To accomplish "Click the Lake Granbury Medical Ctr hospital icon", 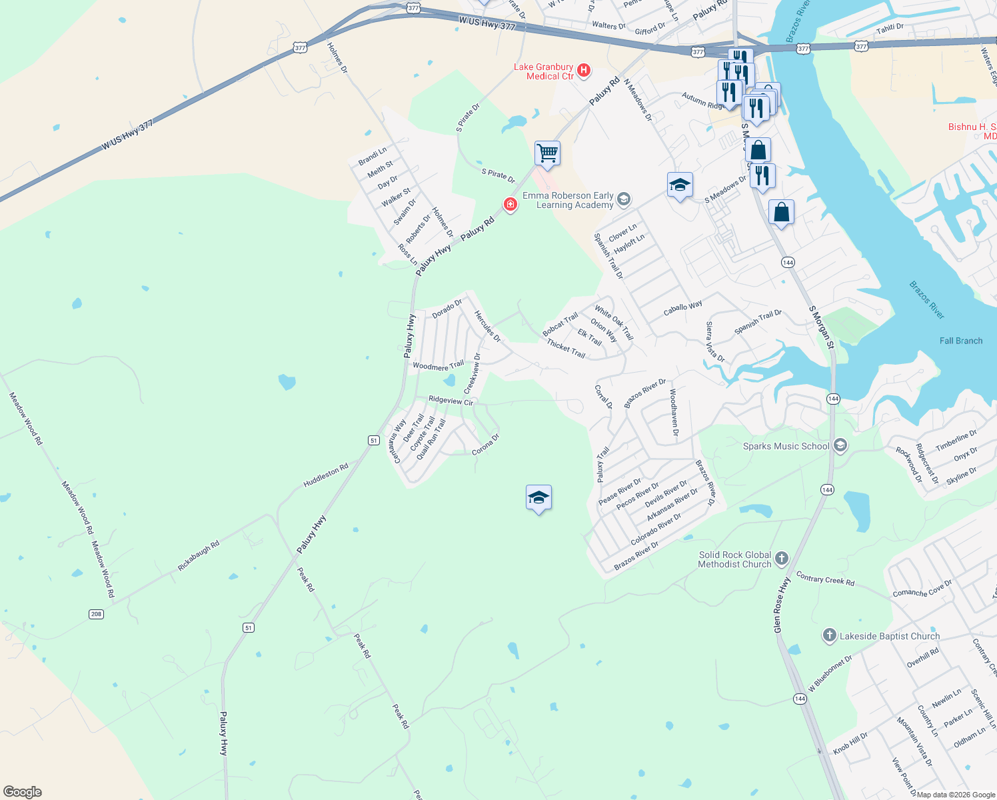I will [x=584, y=70].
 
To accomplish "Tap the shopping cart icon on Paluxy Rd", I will [x=547, y=153].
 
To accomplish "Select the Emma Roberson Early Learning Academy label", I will [x=568, y=200].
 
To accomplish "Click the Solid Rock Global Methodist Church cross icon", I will [x=782, y=558].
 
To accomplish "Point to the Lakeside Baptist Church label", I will [x=889, y=636].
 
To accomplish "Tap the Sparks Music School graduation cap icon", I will [x=840, y=445].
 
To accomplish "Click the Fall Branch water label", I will [x=960, y=341].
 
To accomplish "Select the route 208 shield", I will [x=97, y=614].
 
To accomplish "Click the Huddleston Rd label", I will [x=326, y=475].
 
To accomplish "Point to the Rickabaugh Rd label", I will [x=199, y=556].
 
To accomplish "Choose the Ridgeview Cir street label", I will [x=451, y=400].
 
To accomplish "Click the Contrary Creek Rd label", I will [x=825, y=580].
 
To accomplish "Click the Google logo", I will [x=22, y=792].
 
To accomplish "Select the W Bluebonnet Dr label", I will [x=830, y=673].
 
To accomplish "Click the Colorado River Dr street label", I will [x=656, y=529].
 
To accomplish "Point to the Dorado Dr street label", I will [x=447, y=309].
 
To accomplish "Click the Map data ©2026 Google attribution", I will [x=956, y=795].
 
